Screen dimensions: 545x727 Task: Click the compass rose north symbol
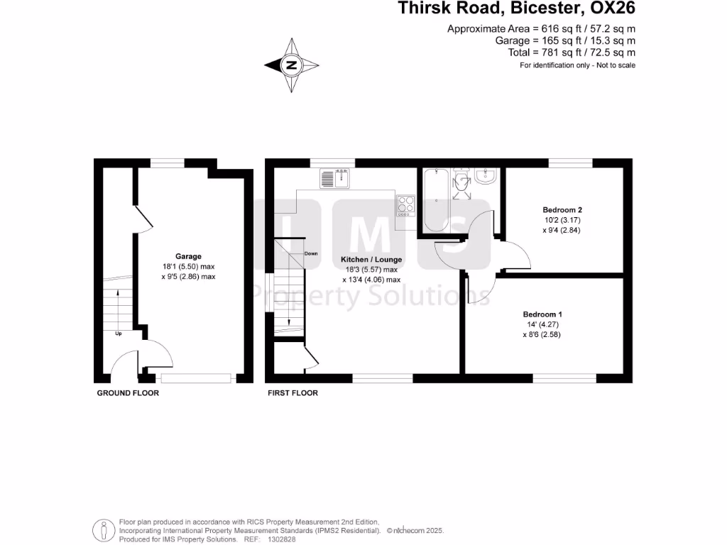[x=291, y=65]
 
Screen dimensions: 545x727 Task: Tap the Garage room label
[x=189, y=256]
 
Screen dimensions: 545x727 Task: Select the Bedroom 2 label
[x=562, y=210]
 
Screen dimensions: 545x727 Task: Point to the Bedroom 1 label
[x=542, y=314]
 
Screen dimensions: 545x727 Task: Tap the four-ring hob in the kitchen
[x=406, y=204]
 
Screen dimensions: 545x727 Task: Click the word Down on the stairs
[x=311, y=253]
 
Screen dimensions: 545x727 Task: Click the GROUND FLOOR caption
[x=128, y=393]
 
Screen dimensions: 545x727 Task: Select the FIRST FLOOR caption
[x=293, y=393]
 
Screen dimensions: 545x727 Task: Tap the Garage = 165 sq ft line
[x=565, y=41]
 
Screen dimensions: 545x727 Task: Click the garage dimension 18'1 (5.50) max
[x=189, y=267]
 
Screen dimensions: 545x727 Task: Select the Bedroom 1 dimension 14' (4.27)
[x=542, y=325]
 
